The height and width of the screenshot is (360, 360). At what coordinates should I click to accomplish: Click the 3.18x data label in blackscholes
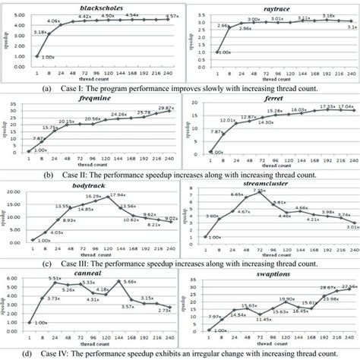coord(43,32)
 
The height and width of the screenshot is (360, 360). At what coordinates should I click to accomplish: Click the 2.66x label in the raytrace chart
coord(223,46)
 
